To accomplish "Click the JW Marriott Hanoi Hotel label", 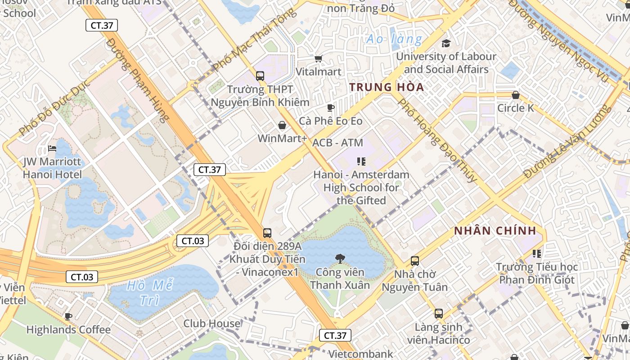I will [53, 168].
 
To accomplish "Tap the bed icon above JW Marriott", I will [53, 148].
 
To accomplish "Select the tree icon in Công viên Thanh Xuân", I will [340, 258].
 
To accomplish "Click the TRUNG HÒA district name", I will [387, 87].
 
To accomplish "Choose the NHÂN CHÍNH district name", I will [495, 231].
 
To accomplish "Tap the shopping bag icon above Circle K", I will [516, 95].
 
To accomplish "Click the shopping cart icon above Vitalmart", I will [319, 58].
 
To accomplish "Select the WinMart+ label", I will [282, 138].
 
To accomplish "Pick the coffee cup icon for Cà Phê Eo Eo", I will [331, 108].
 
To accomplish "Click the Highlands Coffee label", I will [68, 329].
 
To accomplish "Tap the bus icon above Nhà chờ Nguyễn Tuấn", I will [415, 261].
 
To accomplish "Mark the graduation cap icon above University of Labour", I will [446, 43].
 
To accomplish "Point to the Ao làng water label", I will [394, 39].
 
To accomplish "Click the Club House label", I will [212, 323].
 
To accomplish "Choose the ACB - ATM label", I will [337, 143].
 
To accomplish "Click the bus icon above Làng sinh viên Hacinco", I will [439, 314].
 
